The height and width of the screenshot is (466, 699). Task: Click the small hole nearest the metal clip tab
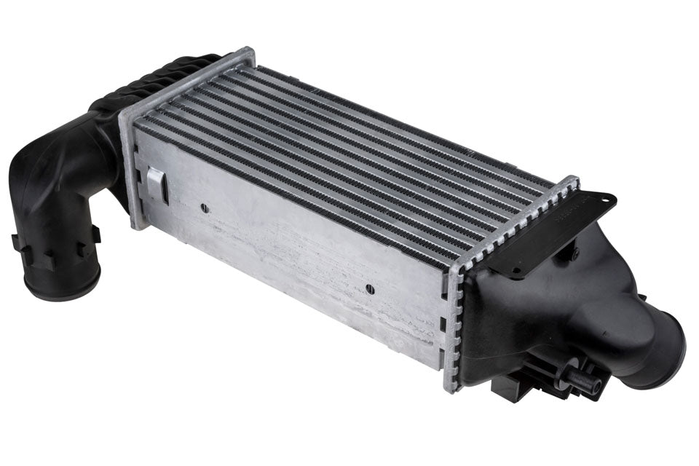[x=205, y=208]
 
